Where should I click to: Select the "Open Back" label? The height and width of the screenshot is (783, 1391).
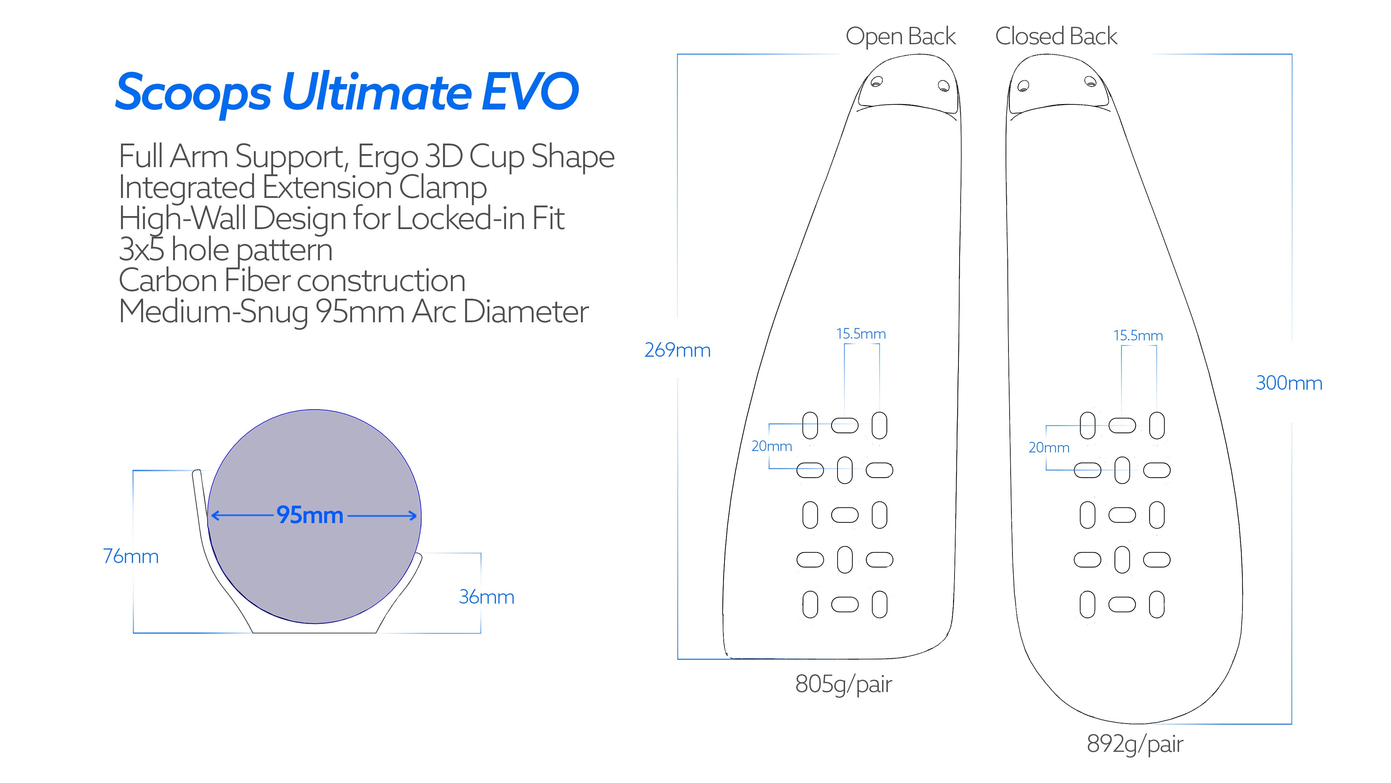click(x=900, y=37)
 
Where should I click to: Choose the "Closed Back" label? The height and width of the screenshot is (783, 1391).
click(x=1056, y=37)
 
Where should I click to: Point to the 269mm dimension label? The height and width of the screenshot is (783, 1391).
click(x=677, y=350)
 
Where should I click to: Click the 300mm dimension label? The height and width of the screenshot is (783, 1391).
click(x=1288, y=383)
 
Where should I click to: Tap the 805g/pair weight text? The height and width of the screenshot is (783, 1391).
click(x=843, y=684)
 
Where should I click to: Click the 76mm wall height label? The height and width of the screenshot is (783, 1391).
click(x=131, y=556)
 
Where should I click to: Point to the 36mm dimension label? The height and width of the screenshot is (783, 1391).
click(x=486, y=597)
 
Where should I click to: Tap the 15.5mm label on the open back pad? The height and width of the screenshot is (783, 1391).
click(x=861, y=334)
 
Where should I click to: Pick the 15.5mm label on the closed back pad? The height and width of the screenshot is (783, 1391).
click(x=1138, y=336)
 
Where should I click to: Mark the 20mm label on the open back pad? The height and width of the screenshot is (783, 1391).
click(x=772, y=446)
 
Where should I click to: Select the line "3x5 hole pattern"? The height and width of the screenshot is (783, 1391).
click(x=225, y=250)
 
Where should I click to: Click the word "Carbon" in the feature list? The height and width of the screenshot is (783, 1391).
click(x=167, y=281)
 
